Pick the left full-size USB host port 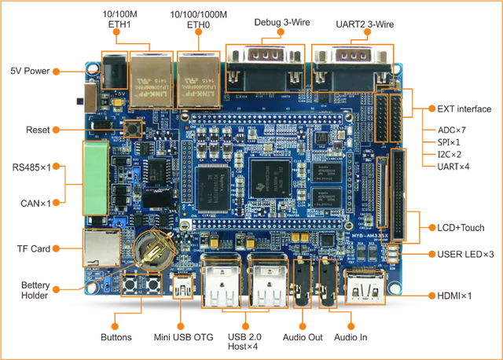(x=221, y=282)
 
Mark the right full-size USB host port (x=266, y=282)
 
